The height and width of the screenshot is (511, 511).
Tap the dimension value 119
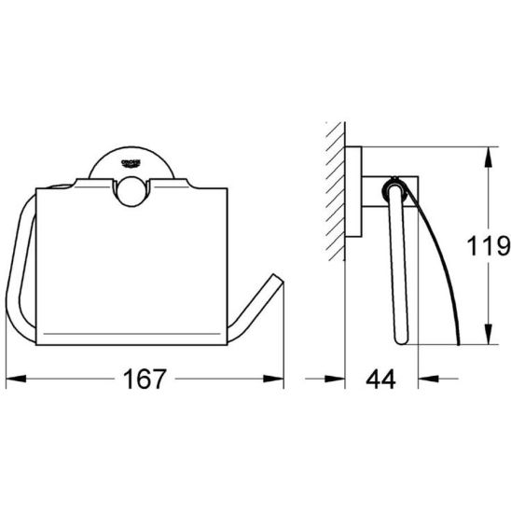[x=488, y=246]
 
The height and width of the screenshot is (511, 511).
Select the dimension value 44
[x=380, y=380]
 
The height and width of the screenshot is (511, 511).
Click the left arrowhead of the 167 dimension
[x=13, y=380]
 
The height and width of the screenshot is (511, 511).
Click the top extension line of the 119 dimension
[x=438, y=146]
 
